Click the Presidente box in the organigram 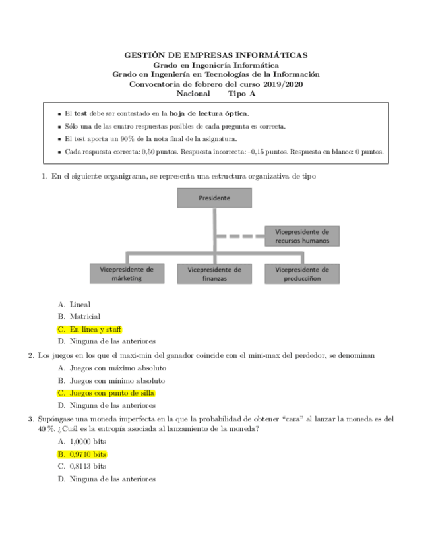(214, 198)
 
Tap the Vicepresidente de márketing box (127, 274)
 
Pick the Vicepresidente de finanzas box (214, 274)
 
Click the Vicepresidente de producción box (302, 274)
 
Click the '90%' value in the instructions (129, 138)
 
